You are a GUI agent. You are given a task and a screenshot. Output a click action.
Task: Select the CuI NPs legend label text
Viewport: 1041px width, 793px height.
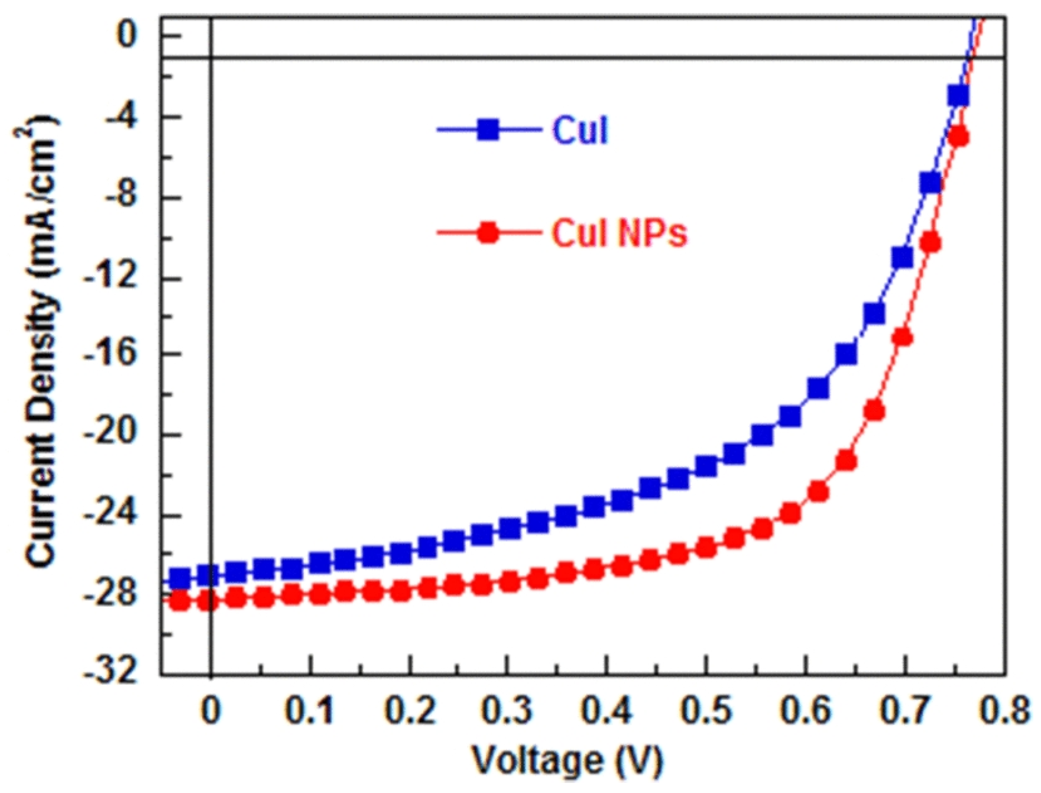pyautogui.click(x=619, y=233)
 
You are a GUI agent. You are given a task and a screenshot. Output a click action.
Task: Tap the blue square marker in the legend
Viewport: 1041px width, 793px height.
pyautogui.click(x=488, y=130)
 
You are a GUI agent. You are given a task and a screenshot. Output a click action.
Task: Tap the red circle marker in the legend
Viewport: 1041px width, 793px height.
pyautogui.click(x=488, y=233)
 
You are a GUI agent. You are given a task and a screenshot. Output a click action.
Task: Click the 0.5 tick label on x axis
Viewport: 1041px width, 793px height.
pyautogui.click(x=706, y=710)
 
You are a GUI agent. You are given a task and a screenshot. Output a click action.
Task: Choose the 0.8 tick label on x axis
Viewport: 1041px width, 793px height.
pyautogui.click(x=1004, y=710)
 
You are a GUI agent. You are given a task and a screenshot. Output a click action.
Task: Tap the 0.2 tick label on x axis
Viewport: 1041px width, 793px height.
pyautogui.click(x=410, y=710)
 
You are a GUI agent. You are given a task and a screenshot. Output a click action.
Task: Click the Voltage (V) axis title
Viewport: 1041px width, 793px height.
pyautogui.click(x=567, y=760)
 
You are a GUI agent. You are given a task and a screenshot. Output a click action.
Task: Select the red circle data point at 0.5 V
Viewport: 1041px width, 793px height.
pyautogui.click(x=706, y=548)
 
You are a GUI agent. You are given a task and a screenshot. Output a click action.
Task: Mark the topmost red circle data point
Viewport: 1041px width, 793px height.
pyautogui.click(x=959, y=138)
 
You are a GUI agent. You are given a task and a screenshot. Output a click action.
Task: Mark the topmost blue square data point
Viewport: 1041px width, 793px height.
pyautogui.click(x=958, y=95)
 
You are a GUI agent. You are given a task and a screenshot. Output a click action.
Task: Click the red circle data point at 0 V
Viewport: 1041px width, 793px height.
pyautogui.click(x=208, y=602)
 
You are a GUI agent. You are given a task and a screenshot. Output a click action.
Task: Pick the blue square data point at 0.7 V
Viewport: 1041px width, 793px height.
pyautogui.click(x=903, y=258)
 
